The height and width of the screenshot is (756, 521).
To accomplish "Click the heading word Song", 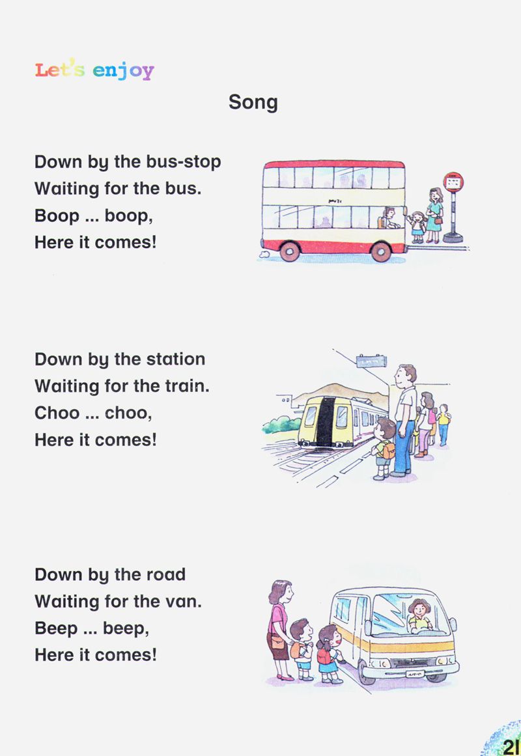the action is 253,102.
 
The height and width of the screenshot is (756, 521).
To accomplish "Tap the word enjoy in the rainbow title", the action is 123,70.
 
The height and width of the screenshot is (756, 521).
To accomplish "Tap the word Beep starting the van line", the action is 56,629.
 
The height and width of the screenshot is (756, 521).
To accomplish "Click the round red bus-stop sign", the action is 453,182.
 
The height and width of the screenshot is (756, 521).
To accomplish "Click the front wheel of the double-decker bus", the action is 381,251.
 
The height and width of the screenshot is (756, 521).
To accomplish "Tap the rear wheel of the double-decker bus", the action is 289,251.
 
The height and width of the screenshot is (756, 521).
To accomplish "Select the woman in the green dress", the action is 434,214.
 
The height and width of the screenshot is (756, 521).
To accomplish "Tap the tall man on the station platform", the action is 404,420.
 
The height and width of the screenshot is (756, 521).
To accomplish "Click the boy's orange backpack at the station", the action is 388,451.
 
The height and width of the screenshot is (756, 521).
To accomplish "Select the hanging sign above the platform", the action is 371,361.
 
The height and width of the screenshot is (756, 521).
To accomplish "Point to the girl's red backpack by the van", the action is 324,656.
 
